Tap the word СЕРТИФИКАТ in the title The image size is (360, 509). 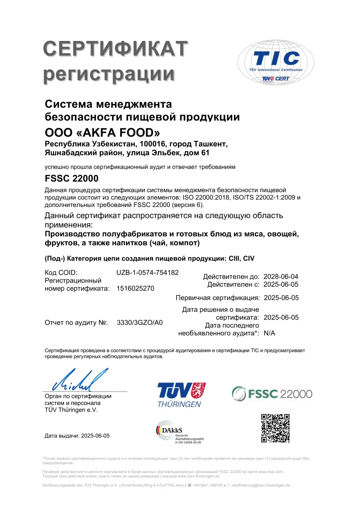point(115,49)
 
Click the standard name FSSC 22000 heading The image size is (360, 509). point(72,179)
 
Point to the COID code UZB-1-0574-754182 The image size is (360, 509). point(148,273)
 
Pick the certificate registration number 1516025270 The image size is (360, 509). point(135,289)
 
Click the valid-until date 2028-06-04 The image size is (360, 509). point(281,276)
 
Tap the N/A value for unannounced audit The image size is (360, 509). point(269,334)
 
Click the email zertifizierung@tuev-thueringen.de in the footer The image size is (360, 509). point(261,486)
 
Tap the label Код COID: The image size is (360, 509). point(61,273)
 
